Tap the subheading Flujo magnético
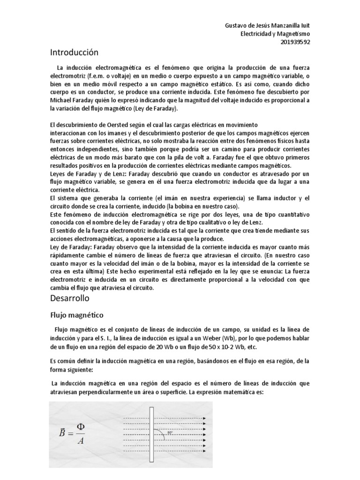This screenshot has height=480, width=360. pyautogui.click(x=77, y=315)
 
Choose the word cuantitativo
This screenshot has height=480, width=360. pyautogui.click(x=293, y=214)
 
